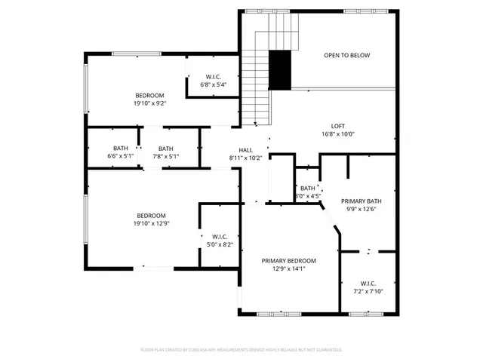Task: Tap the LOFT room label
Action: tap(338, 126)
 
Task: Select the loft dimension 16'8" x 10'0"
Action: tap(338, 134)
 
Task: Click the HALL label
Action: tap(245, 150)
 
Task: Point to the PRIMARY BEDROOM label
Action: tap(288, 260)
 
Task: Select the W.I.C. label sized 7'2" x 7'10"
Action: tap(368, 284)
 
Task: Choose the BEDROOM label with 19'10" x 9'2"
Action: tap(149, 94)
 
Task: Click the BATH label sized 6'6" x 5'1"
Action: tap(121, 149)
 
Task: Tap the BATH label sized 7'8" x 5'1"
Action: tap(165, 149)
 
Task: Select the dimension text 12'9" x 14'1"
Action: tap(288, 268)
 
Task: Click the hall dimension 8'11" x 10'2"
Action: tap(245, 158)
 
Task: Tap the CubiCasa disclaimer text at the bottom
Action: tap(241, 350)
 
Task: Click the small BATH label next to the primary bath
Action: tap(307, 188)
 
